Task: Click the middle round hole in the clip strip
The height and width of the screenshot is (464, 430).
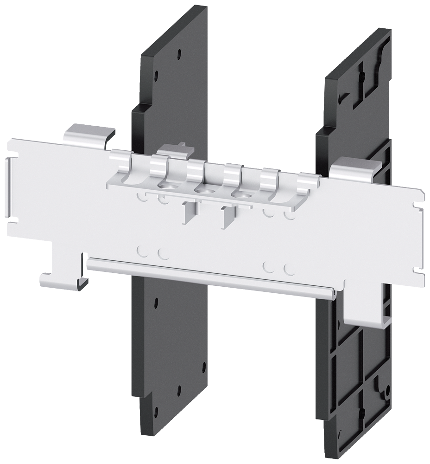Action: pyautogui.click(x=202, y=190)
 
